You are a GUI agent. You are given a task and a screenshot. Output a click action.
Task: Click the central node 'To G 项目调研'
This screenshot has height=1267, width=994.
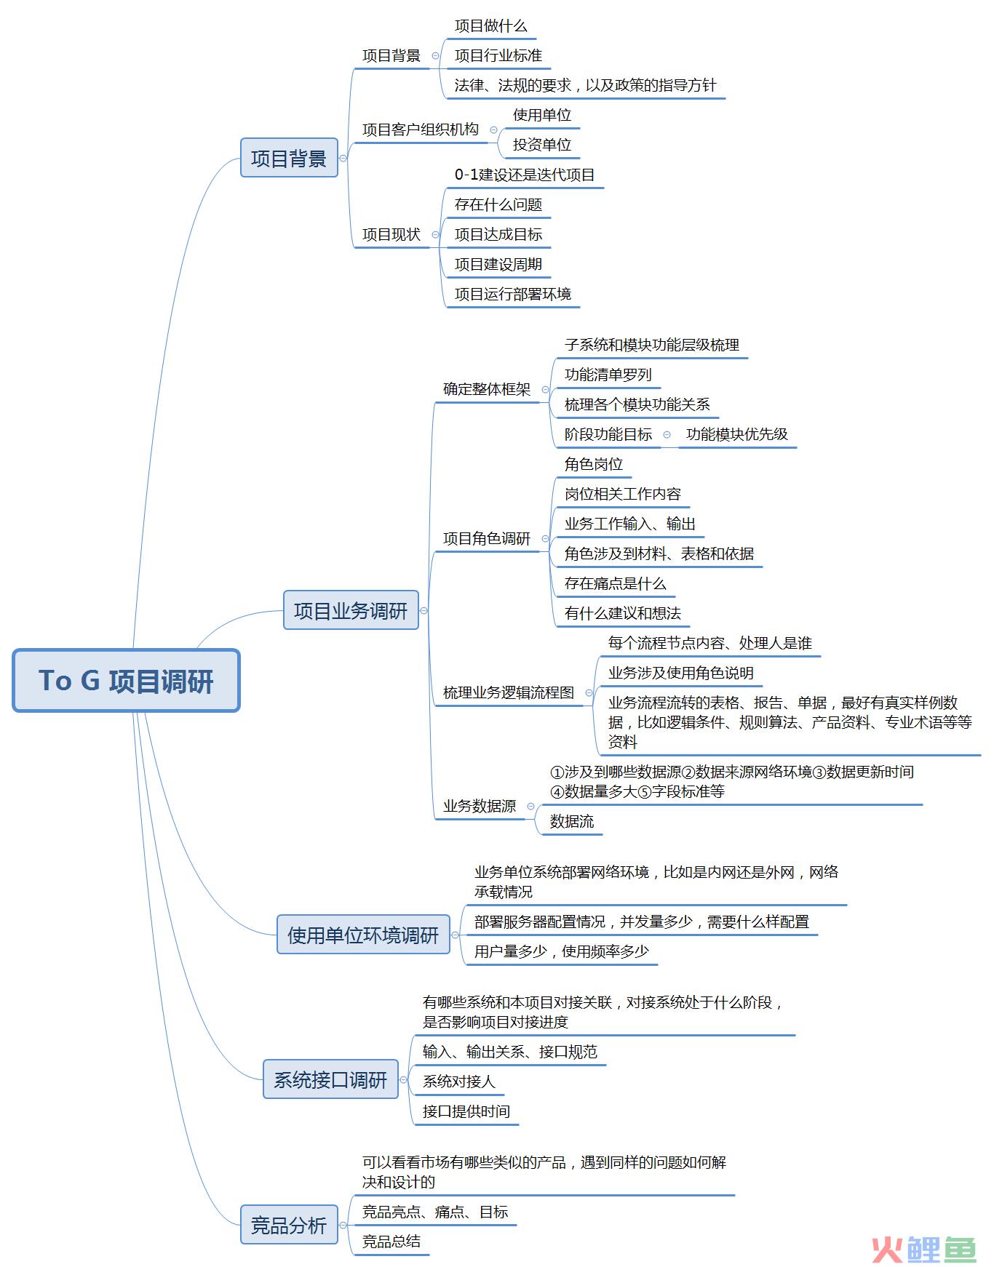(x=126, y=680)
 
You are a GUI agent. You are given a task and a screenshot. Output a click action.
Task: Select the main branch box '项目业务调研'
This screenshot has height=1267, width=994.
(x=351, y=610)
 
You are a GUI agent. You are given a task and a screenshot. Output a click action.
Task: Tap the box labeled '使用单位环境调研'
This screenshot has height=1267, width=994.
(x=363, y=935)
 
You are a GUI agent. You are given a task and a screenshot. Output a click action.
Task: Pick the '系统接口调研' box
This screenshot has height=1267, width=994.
(x=330, y=1079)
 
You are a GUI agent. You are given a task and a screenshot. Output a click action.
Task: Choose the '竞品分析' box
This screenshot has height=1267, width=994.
(x=289, y=1225)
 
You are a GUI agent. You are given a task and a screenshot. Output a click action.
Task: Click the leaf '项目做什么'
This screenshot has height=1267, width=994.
(x=491, y=26)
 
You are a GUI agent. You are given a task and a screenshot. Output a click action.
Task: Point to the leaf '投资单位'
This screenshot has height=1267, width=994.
(x=542, y=145)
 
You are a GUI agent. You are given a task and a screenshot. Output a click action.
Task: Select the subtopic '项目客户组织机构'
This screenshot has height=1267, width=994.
(x=421, y=129)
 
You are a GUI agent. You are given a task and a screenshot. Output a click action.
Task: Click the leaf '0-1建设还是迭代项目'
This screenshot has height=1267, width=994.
(x=525, y=175)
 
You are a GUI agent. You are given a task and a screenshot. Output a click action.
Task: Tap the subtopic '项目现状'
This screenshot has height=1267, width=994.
(x=391, y=234)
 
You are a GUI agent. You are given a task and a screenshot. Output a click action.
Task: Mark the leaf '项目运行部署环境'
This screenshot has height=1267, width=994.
(x=513, y=294)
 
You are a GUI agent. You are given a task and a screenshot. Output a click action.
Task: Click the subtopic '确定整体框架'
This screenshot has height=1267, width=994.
(x=487, y=389)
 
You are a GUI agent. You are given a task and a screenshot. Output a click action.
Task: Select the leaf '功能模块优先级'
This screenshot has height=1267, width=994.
(x=737, y=434)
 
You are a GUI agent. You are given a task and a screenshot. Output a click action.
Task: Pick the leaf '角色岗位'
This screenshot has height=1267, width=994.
(x=594, y=464)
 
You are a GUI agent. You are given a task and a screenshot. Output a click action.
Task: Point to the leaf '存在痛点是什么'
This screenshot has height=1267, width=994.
(x=616, y=583)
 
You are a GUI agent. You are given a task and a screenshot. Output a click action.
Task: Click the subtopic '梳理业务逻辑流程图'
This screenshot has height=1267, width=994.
(x=509, y=692)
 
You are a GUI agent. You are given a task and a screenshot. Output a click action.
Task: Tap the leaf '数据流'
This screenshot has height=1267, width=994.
(x=572, y=821)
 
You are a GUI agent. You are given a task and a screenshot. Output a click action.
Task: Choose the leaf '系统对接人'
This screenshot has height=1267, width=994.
(x=458, y=1082)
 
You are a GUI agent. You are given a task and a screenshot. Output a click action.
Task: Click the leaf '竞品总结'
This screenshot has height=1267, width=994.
(x=391, y=1242)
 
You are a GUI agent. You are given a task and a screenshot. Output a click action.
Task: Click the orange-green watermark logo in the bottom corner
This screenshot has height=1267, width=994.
(x=923, y=1248)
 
